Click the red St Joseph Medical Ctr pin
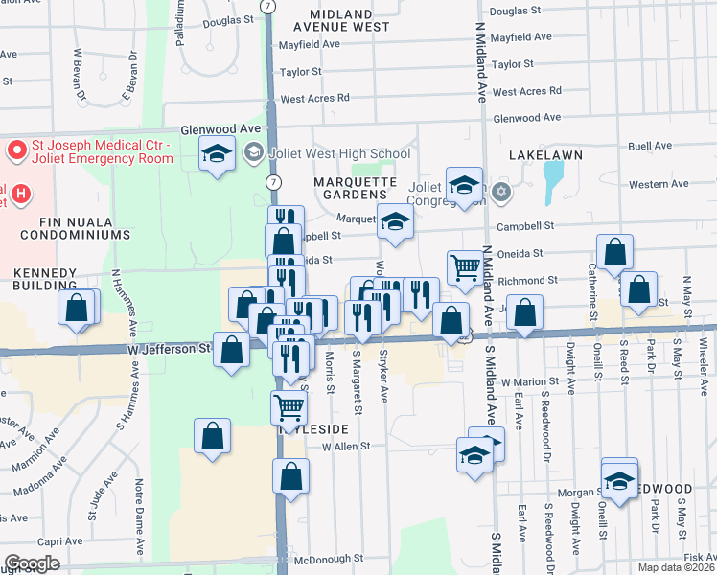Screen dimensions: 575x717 pyautogui.click(x=16, y=150)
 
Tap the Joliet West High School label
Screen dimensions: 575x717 pyautogui.click(x=339, y=153)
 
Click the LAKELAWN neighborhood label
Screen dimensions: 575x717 pyautogui.click(x=546, y=154)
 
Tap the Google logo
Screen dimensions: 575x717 pyautogui.click(x=31, y=563)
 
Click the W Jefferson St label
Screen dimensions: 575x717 pyautogui.click(x=169, y=350)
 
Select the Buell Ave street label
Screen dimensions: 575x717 pyautogui.click(x=650, y=146)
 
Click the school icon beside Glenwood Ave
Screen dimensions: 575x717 pyautogui.click(x=218, y=152)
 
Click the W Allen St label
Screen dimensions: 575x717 pyautogui.click(x=346, y=447)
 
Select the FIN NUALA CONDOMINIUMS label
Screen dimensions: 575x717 pyautogui.click(x=65, y=226)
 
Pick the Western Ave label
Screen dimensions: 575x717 pyautogui.click(x=659, y=184)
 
